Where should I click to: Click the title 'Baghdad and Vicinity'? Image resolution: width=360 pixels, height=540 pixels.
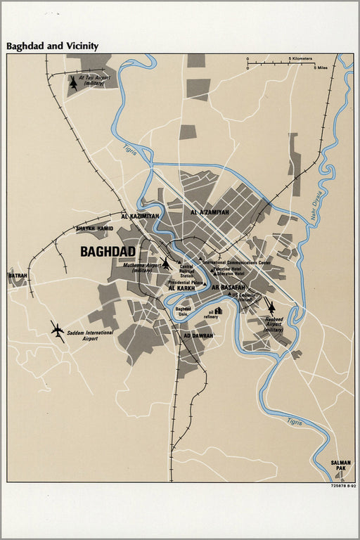(x=53, y=46)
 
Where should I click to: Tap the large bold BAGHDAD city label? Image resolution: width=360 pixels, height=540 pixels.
(x=108, y=251)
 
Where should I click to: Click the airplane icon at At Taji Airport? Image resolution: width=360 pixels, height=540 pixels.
(x=73, y=83)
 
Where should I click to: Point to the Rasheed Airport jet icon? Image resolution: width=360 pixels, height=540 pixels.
(x=271, y=307)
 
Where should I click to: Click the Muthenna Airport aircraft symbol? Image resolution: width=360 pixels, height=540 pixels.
(x=166, y=264)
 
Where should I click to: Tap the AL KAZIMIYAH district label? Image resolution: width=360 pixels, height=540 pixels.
(x=140, y=216)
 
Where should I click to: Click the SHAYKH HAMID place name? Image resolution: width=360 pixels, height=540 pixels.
(x=94, y=229)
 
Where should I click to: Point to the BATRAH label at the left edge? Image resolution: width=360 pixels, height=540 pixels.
(x=18, y=276)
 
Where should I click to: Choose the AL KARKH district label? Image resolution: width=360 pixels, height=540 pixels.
(x=181, y=288)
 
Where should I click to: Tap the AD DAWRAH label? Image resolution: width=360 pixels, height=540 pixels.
(x=198, y=335)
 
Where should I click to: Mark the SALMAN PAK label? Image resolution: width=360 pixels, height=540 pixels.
(x=340, y=464)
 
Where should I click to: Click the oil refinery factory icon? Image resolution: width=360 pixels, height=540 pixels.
(x=219, y=310)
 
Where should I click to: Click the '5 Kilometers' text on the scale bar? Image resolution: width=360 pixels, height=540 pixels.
(x=300, y=58)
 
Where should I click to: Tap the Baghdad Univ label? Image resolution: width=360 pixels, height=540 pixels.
(x=183, y=311)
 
